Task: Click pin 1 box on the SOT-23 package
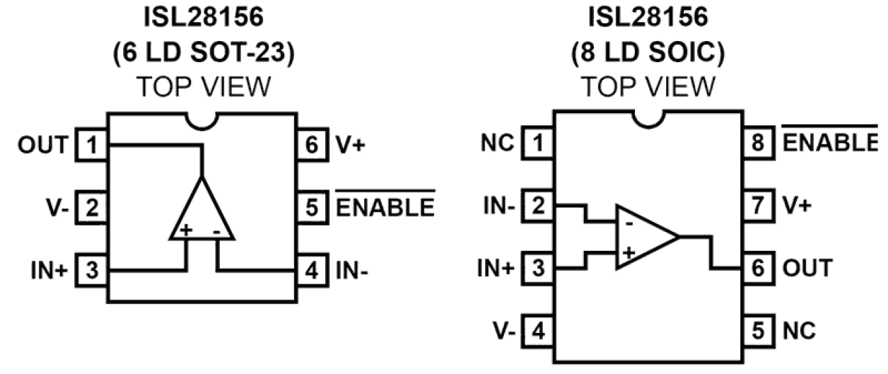[x=91, y=146]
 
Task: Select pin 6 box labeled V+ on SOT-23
[x=311, y=146]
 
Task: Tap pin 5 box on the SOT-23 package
[x=311, y=208]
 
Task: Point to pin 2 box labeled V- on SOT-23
[x=91, y=208]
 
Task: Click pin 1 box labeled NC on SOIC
[x=538, y=144]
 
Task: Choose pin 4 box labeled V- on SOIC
[x=538, y=330]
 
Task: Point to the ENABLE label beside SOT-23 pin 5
[x=385, y=208]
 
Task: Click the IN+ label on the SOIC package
[x=499, y=269]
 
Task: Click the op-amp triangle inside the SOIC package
[x=643, y=237]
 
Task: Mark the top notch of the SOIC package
[x=648, y=118]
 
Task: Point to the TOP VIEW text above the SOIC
[x=648, y=86]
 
